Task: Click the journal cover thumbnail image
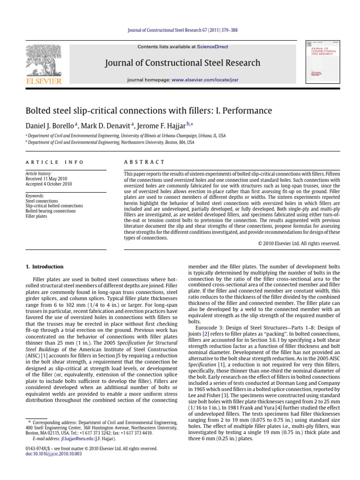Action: coord(323,62)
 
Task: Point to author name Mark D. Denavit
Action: coord(110,125)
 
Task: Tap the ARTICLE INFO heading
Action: coord(54,162)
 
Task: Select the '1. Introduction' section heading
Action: coord(45,267)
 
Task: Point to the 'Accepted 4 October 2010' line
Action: coord(48,184)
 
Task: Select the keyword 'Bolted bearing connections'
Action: coord(50,211)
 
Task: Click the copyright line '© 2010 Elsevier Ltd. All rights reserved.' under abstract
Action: coord(299,244)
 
